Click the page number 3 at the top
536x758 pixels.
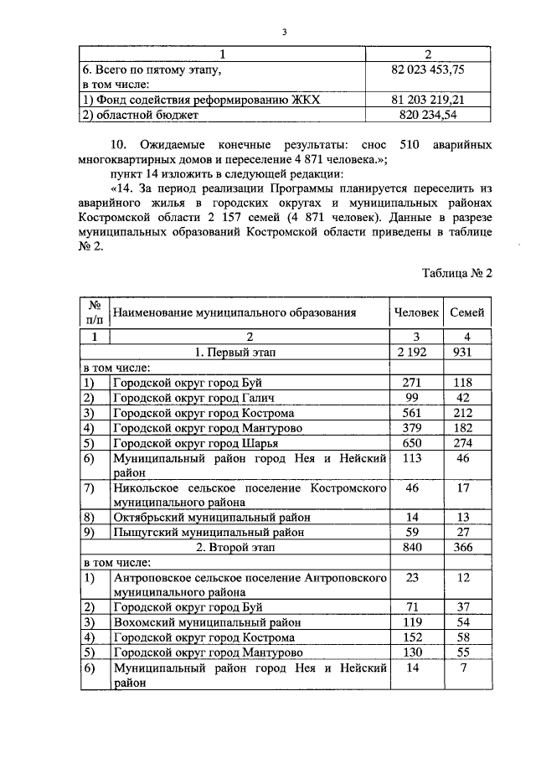[x=284, y=32]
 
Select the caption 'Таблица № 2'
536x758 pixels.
[x=456, y=273]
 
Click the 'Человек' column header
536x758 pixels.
[x=416, y=312]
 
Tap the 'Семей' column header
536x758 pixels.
[x=466, y=312]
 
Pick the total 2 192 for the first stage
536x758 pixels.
[x=416, y=353]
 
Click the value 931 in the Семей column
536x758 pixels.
[x=466, y=353]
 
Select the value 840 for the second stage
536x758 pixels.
[x=416, y=547]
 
